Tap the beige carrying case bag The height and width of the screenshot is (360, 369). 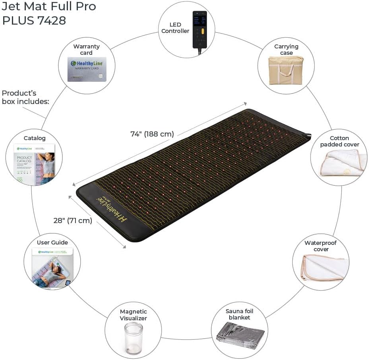(286, 71)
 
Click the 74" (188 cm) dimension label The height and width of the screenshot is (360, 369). (152, 134)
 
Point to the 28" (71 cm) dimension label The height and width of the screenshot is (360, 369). (73, 220)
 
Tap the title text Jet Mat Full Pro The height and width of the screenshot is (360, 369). (49, 7)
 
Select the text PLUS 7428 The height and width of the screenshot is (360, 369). (34, 21)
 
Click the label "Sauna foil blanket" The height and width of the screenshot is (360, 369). (240, 314)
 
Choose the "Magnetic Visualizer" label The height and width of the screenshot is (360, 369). (133, 315)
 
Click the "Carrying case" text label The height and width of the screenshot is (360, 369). (286, 50)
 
